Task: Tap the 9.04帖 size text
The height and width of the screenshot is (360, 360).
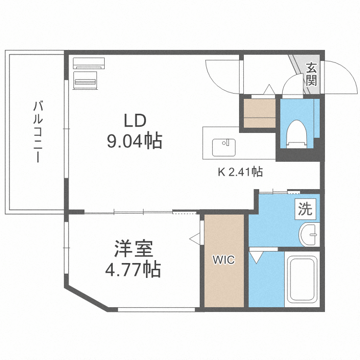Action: (134, 141)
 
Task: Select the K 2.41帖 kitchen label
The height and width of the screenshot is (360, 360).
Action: (240, 171)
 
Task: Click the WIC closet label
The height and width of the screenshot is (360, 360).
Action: (224, 260)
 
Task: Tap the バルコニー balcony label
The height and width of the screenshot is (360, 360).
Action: (37, 132)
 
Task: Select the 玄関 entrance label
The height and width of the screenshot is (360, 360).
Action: (312, 74)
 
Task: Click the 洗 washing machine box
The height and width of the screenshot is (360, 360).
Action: (305, 209)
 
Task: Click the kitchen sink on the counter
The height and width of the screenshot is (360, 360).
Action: (223, 147)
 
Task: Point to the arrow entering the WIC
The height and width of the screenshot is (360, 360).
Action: (194, 238)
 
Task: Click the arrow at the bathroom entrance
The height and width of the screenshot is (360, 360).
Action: (256, 257)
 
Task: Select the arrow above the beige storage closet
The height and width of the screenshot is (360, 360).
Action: (269, 89)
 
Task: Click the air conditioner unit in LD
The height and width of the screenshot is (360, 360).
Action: (88, 63)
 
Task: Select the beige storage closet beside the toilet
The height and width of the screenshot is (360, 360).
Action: (260, 113)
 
